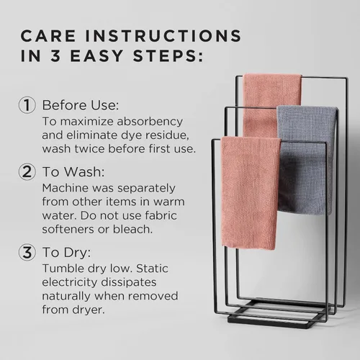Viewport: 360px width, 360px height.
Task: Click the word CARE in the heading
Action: tap(48, 36)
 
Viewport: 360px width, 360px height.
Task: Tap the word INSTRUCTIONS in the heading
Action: tap(163, 36)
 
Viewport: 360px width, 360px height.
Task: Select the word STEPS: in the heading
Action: tap(168, 56)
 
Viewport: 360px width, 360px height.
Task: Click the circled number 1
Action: tap(27, 105)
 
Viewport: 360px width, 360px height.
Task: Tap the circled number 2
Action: tap(27, 172)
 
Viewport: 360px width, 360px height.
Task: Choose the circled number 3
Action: tap(27, 252)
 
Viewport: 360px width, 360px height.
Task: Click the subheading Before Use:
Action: tap(81, 105)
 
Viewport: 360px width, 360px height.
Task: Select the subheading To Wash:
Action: tap(73, 172)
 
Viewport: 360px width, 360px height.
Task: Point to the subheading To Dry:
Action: tap(67, 253)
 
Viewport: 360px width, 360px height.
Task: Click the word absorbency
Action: tap(150, 122)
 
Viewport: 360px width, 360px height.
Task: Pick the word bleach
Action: tap(132, 229)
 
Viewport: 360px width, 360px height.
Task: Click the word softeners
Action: tap(68, 229)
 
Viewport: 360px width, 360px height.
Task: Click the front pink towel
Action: tap(250, 193)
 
